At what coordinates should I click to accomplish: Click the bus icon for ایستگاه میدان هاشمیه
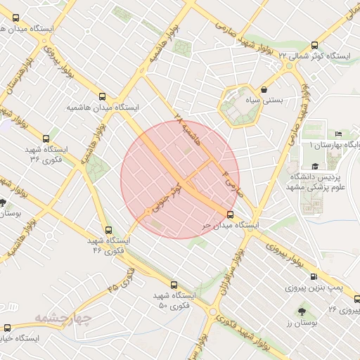click(x=104, y=97)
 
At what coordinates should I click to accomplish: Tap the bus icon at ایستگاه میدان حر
click(x=231, y=214)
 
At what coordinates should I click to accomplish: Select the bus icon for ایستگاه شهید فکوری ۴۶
click(x=108, y=229)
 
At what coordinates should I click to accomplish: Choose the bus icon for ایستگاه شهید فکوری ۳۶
click(x=46, y=139)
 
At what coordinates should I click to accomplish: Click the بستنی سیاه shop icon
click(x=264, y=90)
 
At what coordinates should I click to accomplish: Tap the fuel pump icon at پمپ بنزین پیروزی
click(x=313, y=277)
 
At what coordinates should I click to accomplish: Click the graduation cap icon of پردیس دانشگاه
click(x=315, y=166)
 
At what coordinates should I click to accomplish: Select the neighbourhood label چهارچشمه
click(x=82, y=319)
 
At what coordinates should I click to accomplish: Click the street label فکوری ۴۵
click(x=122, y=278)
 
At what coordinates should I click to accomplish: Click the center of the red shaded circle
click(x=180, y=179)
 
